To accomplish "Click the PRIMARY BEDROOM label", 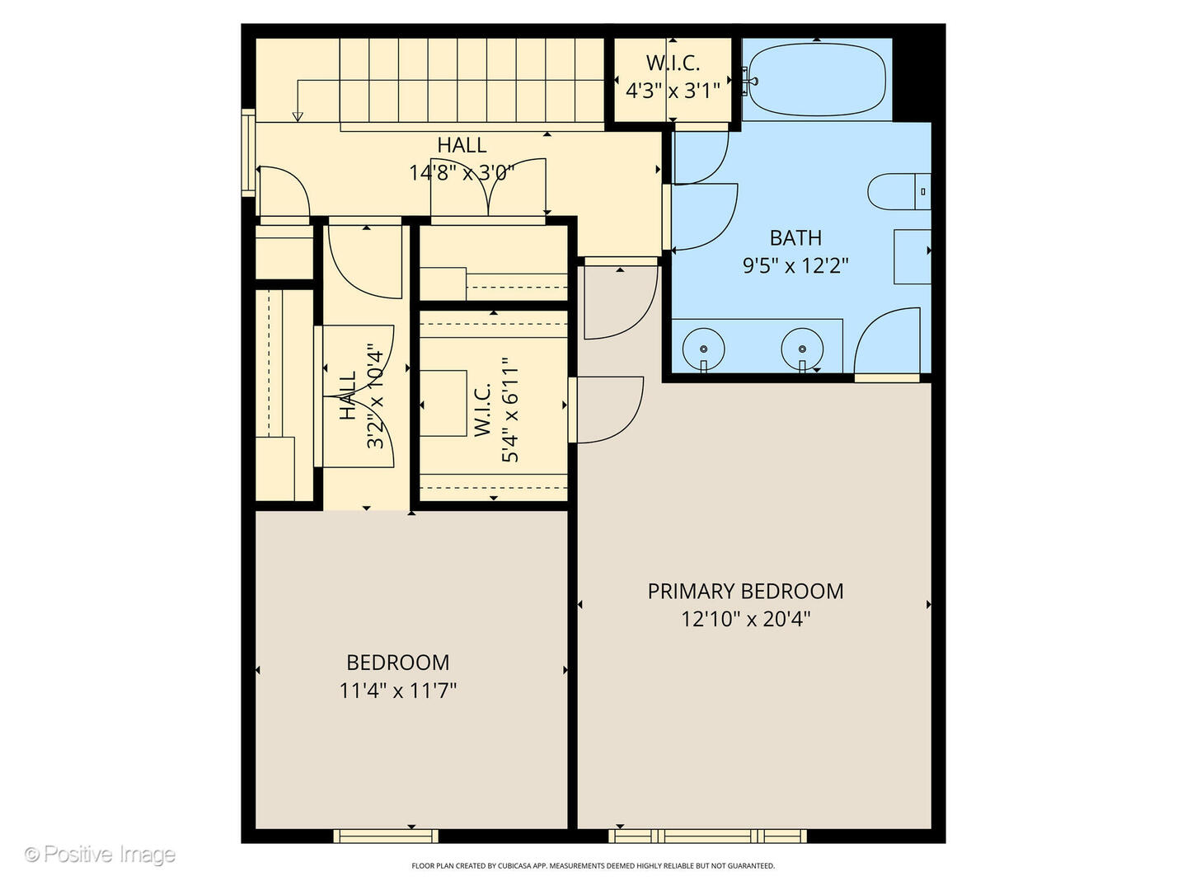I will [745, 591].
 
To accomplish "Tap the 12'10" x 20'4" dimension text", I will [745, 619].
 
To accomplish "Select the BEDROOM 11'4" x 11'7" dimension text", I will [398, 691].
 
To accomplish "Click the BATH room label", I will [795, 238].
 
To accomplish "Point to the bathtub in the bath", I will [816, 80].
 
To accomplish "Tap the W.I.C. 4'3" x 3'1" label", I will [673, 77].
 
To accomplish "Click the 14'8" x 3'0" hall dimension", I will [462, 172].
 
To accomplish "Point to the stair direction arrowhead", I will [298, 116].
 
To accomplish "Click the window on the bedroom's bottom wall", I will [386, 836].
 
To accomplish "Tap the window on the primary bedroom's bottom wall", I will [708, 836].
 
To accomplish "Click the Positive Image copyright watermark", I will [100, 855].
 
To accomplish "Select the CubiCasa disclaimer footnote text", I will [593, 866].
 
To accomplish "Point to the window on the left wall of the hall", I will [247, 152].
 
